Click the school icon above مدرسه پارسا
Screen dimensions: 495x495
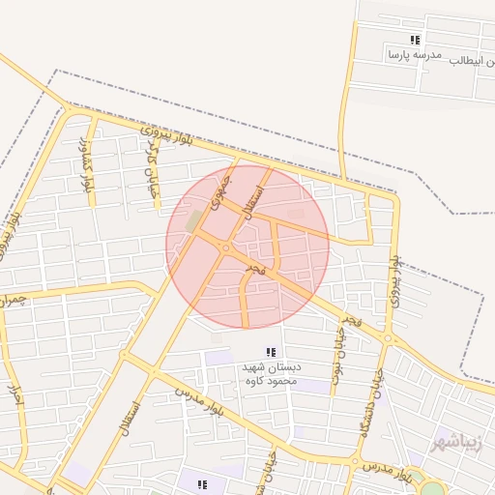tap(415, 40)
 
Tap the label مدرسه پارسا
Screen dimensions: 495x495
tap(414, 55)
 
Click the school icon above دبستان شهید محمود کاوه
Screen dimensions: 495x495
tap(272, 352)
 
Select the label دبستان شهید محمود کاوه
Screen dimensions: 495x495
tap(272, 374)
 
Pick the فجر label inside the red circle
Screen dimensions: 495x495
tap(253, 265)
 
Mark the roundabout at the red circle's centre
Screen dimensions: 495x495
tap(226, 248)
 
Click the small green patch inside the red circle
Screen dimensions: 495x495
tap(194, 221)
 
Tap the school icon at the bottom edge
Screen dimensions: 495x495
tap(202, 484)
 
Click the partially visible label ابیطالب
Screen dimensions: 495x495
tap(477, 60)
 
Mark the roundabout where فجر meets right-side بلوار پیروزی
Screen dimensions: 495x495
tap(389, 338)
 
